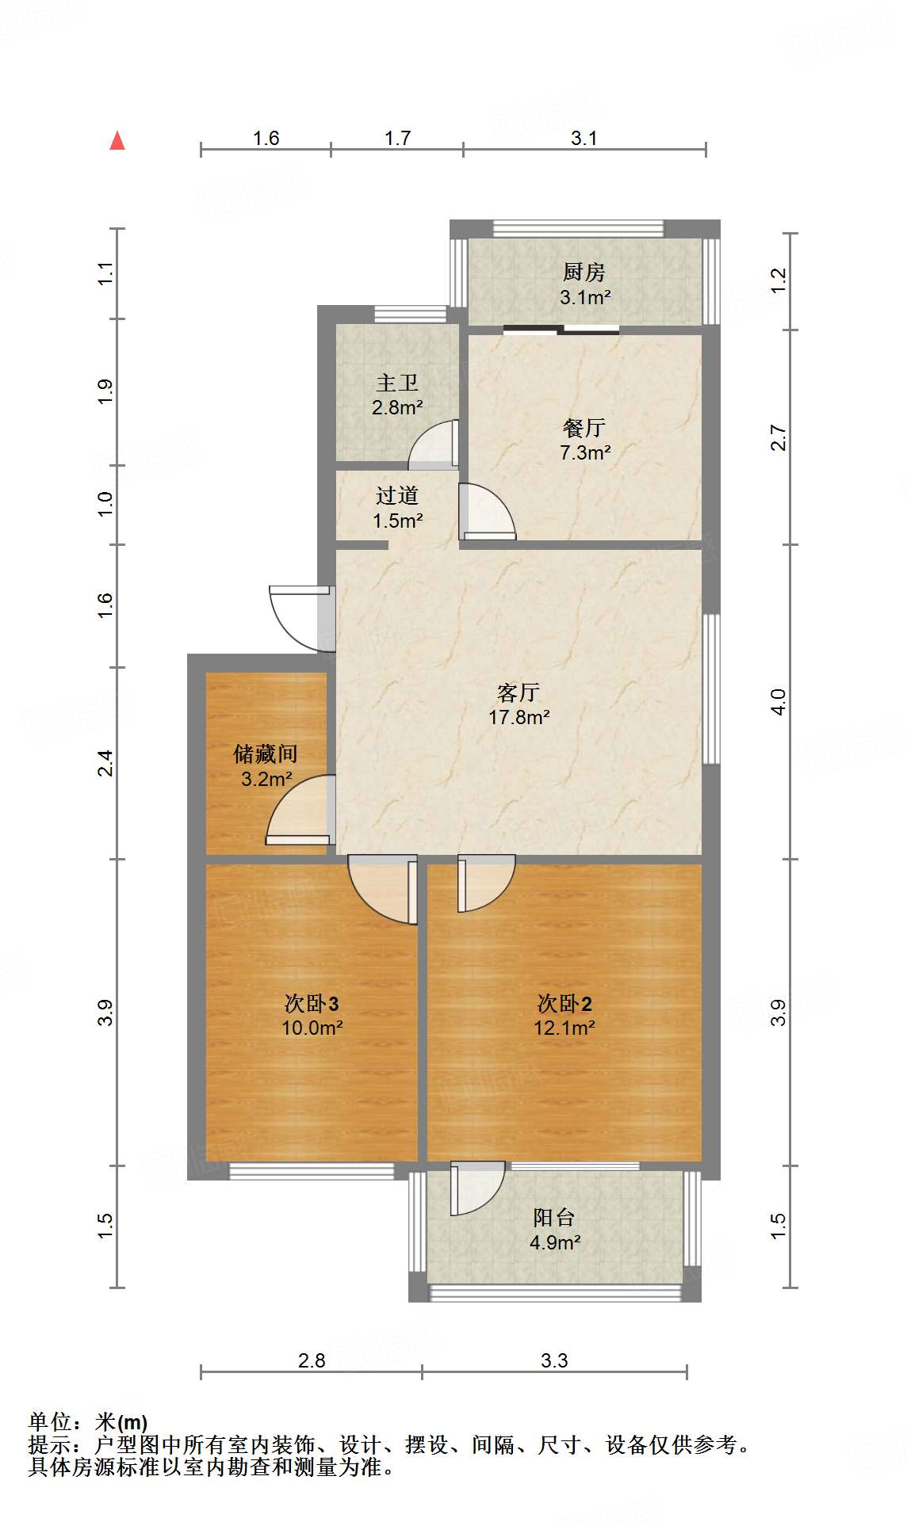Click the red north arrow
click(117, 141)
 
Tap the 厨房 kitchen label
click(584, 273)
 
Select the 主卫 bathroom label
click(396, 383)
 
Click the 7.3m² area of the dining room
click(585, 453)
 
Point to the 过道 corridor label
click(396, 496)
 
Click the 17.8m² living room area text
click(519, 718)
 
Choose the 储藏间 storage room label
click(266, 753)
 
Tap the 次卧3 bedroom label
click(312, 1004)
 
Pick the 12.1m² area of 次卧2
click(564, 1028)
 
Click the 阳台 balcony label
click(554, 1217)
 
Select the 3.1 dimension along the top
click(584, 138)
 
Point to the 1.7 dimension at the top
click(397, 138)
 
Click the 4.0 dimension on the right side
click(779, 702)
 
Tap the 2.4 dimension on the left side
click(105, 763)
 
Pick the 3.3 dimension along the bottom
click(554, 1360)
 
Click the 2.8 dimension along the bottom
click(312, 1360)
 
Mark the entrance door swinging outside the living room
click(297, 614)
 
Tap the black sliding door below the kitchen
click(561, 330)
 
